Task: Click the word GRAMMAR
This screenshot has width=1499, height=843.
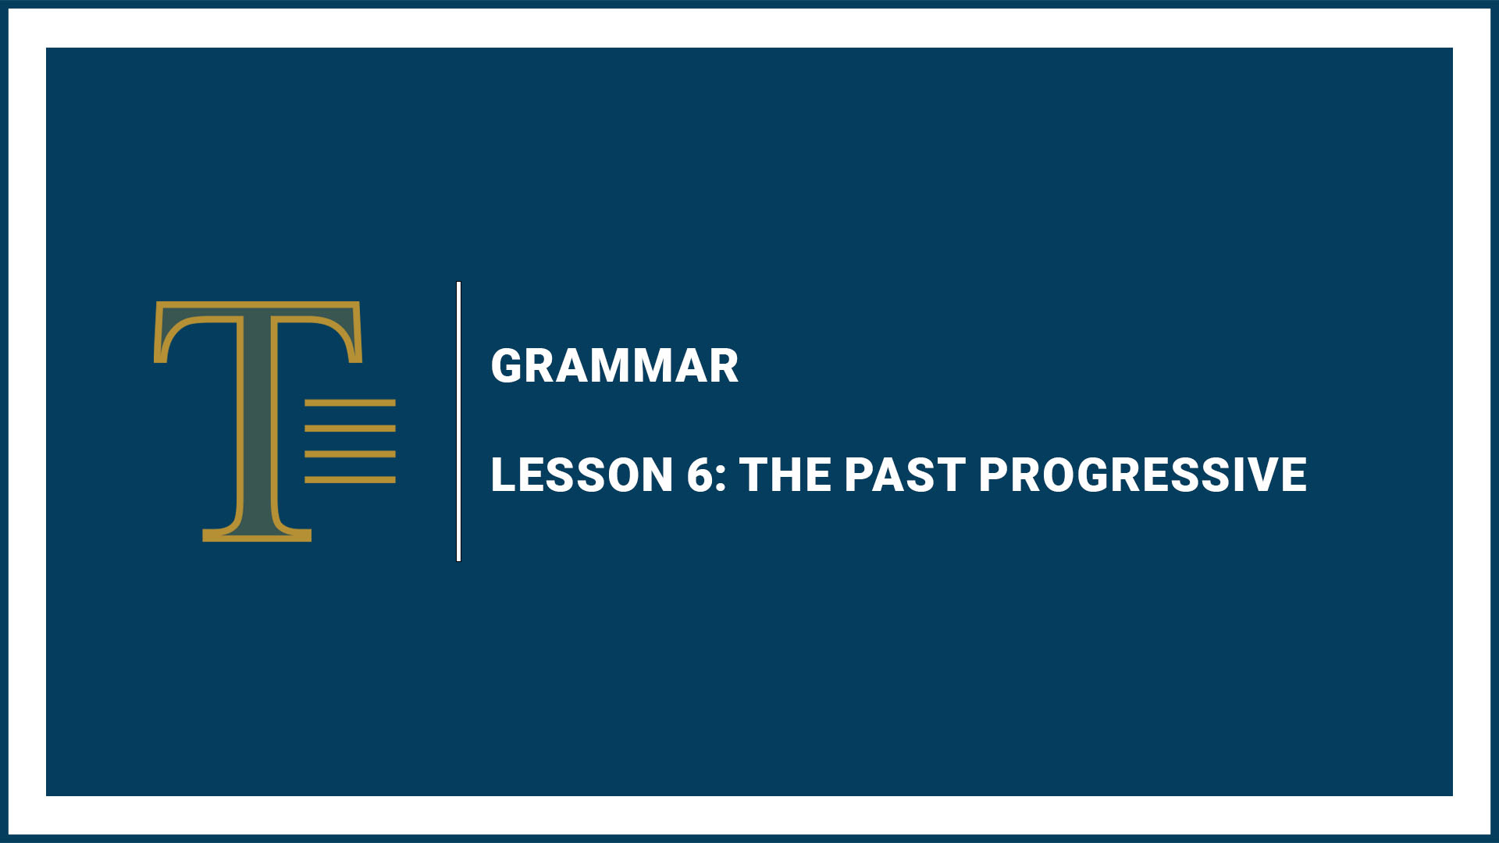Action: (614, 366)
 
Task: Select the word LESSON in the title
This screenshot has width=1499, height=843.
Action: (582, 475)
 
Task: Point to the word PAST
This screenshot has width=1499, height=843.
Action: (904, 475)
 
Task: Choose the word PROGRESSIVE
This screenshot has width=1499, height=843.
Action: (1142, 475)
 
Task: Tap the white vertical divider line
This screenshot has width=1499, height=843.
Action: (458, 421)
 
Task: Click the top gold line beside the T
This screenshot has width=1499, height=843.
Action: (350, 404)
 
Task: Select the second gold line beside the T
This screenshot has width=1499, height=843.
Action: (350, 429)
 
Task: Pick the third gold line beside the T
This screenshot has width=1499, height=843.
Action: (350, 454)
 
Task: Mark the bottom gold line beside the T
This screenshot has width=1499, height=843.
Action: (350, 480)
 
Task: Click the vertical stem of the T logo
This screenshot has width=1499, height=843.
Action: (257, 421)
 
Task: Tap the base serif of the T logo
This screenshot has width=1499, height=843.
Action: (257, 535)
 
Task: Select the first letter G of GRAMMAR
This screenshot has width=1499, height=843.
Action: (507, 366)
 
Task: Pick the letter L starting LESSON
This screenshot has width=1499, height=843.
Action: (504, 475)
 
